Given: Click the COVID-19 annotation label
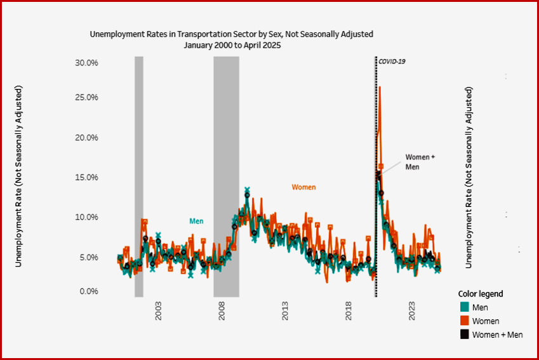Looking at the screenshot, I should pos(392,61).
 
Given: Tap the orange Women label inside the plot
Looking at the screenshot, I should pos(303,187).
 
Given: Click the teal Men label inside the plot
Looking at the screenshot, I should pos(196,221).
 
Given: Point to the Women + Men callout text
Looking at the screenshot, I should pos(421,161).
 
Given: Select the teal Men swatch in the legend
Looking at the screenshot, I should pos(464,308).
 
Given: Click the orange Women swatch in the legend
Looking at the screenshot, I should pos(464,321).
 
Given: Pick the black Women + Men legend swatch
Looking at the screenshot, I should pos(464,335).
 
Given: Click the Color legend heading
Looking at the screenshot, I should pos(481,294).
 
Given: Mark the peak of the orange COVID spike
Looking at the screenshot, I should pos(380,87).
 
